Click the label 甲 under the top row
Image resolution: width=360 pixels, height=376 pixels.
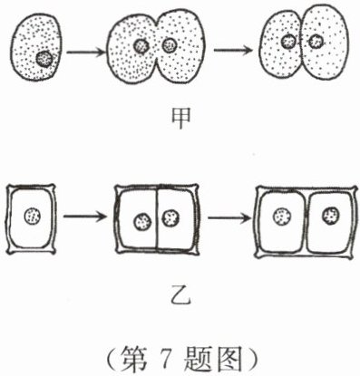pyautogui.click(x=180, y=118)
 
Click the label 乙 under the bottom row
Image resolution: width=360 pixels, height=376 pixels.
pyautogui.click(x=180, y=295)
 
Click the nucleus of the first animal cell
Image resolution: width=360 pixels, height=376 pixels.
pyautogui.click(x=44, y=59)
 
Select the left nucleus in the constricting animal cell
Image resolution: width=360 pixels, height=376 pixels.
pyautogui.click(x=141, y=46)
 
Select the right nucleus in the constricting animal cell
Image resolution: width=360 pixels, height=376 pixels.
pyautogui.click(x=170, y=45)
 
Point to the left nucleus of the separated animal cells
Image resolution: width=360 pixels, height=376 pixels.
pyautogui.click(x=288, y=42)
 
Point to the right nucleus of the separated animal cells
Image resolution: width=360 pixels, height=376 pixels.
pyautogui.click(x=316, y=41)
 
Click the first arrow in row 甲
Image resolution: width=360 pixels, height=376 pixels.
pyautogui.click(x=85, y=53)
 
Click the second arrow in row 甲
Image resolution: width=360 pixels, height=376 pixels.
pyautogui.click(x=233, y=50)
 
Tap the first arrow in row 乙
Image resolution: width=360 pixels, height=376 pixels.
pyautogui.click(x=85, y=217)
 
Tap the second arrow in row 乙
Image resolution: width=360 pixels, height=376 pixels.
pyautogui.click(x=229, y=217)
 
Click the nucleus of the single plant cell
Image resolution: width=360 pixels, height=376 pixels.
pyautogui.click(x=33, y=217)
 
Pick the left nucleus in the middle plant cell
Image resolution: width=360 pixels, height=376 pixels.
pyautogui.click(x=142, y=222)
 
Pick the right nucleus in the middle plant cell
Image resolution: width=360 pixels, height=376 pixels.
pyautogui.click(x=170, y=217)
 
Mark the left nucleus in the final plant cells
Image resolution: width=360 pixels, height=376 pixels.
pyautogui.click(x=283, y=217)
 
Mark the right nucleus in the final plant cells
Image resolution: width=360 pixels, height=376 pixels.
pyautogui.click(x=331, y=216)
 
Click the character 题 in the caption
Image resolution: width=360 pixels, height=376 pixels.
pyautogui.click(x=197, y=359)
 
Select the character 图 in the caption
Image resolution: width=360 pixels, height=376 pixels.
pyautogui.click(x=230, y=359)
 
